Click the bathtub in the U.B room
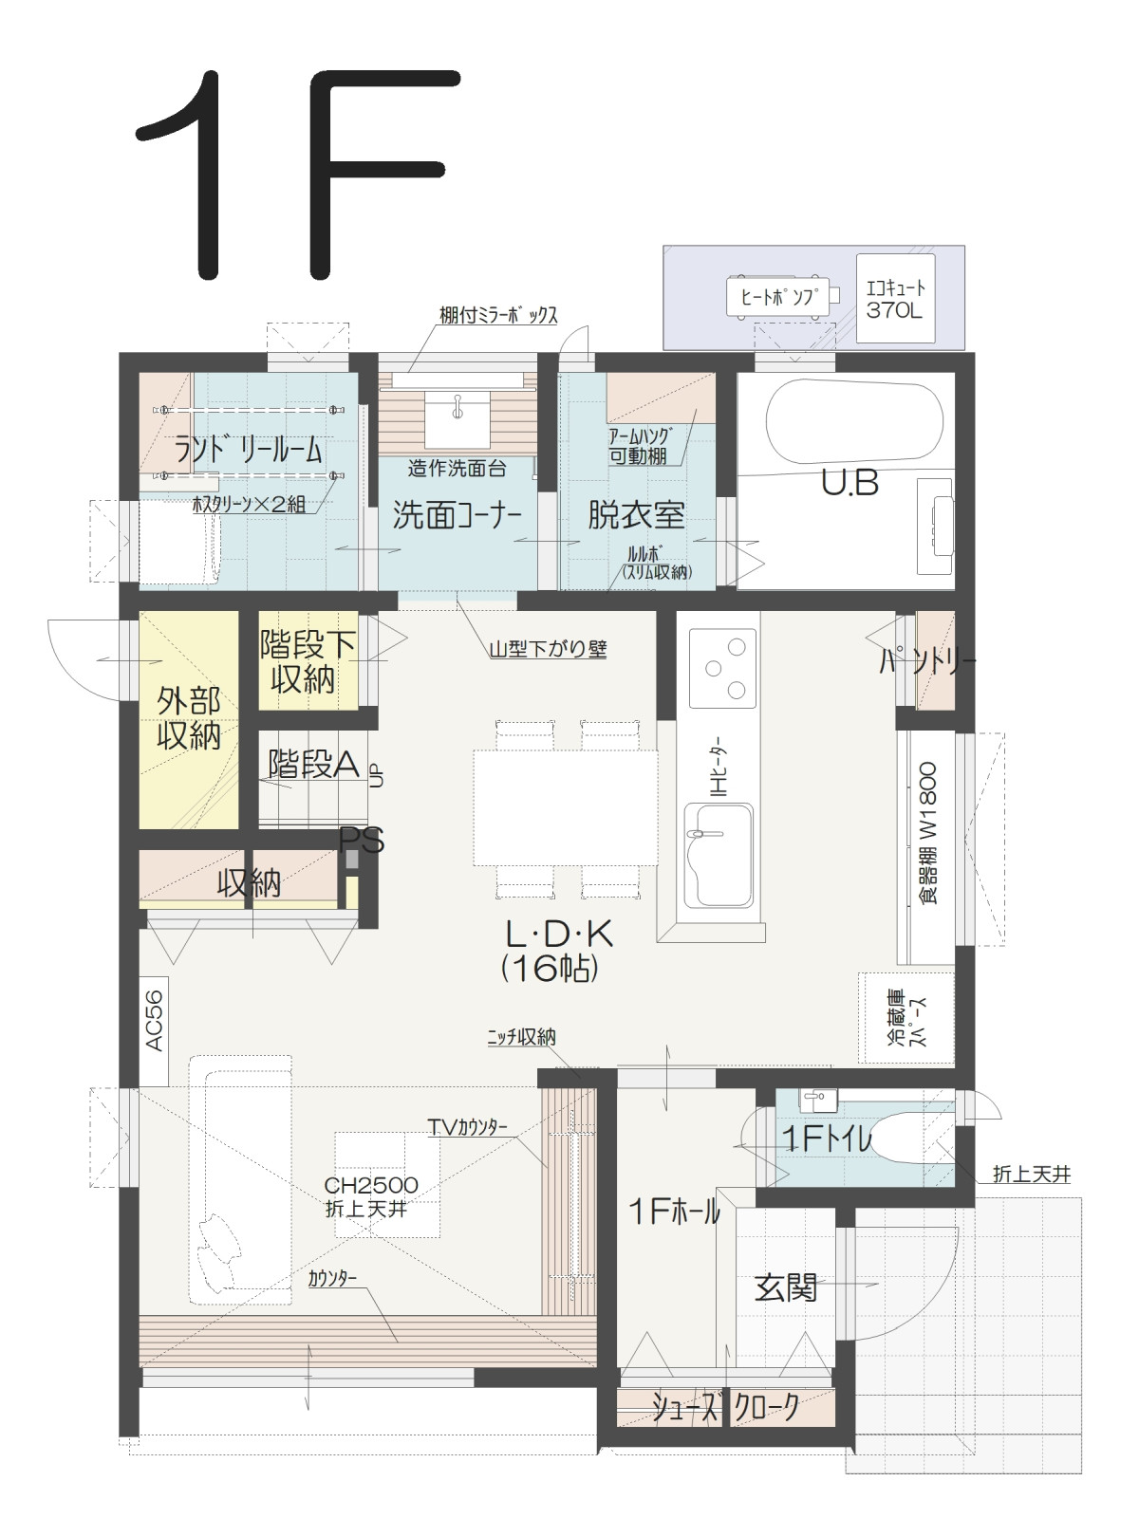pyautogui.click(x=854, y=422)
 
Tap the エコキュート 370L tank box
pyautogui.click(x=895, y=298)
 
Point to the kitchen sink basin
pyautogui.click(x=719, y=856)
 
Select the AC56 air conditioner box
pyautogui.click(x=154, y=1030)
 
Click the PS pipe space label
pyautogui.click(x=361, y=841)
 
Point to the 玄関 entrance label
pyautogui.click(x=786, y=1287)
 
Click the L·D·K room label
pyautogui.click(x=559, y=935)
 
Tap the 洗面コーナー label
pyautogui.click(x=457, y=514)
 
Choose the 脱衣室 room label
pyautogui.click(x=636, y=514)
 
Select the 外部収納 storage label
pyautogui.click(x=189, y=718)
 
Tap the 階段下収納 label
pyautogui.click(x=307, y=661)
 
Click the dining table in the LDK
pyautogui.click(x=566, y=807)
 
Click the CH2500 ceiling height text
pyautogui.click(x=371, y=1185)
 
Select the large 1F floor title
pyautogui.click(x=298, y=174)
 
